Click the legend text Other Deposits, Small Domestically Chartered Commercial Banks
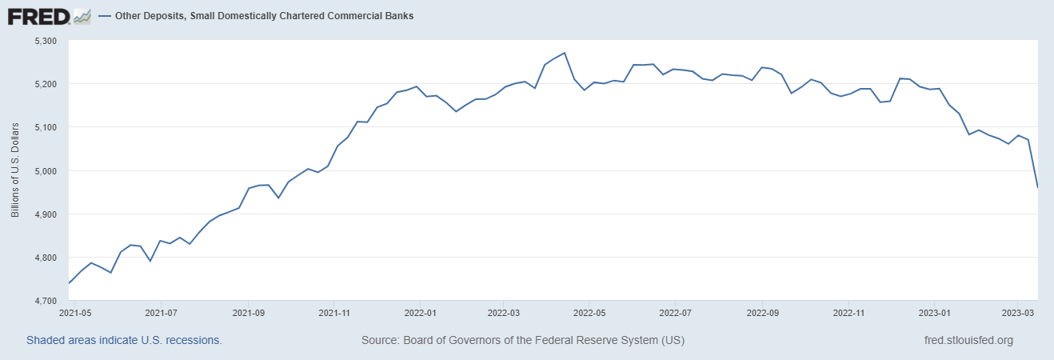pos(265,16)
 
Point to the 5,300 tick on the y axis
pos(46,40)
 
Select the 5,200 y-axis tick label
pos(46,84)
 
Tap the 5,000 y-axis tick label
pos(46,171)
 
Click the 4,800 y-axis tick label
pos(46,258)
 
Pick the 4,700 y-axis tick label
pos(46,301)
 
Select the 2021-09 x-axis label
pos(248,313)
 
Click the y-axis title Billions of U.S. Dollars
pos(15,170)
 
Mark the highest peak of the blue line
pos(565,53)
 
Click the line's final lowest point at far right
pos(1037,187)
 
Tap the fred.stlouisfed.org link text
pos(968,340)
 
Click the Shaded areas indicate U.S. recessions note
pos(124,340)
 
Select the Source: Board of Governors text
pos(522,340)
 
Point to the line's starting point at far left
pos(70,283)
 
